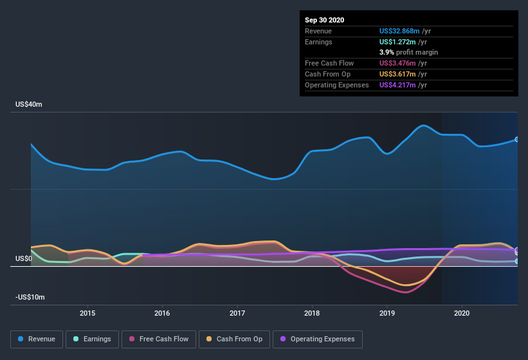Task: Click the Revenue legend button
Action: pos(37,339)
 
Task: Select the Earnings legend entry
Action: pos(93,339)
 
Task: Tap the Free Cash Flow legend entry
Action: pos(158,339)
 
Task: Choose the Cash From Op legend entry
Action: pos(234,339)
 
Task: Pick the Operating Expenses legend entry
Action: pos(318,339)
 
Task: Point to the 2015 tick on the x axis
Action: pos(87,313)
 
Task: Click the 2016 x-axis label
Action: pos(162,313)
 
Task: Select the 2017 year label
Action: pos(237,313)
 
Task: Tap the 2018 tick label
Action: pos(312,313)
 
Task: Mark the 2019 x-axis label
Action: pos(387,313)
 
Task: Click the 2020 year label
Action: pos(462,313)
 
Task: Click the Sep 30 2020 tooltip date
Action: pos(325,20)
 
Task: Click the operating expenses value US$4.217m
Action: pos(403,85)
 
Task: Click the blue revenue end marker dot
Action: pos(516,139)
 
